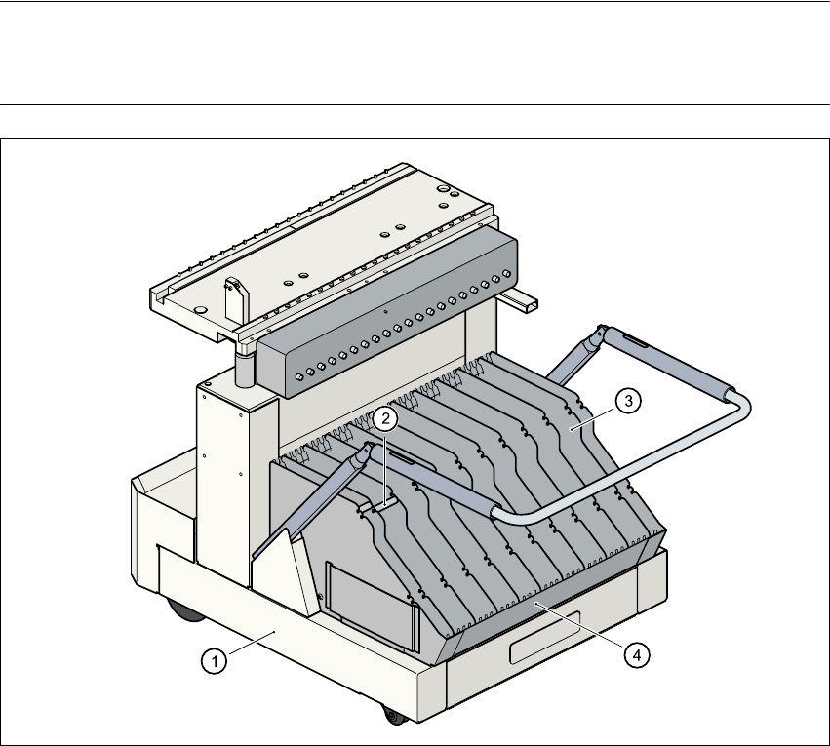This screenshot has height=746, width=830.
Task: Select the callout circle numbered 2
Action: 386,419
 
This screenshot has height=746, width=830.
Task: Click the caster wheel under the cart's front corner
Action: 393,717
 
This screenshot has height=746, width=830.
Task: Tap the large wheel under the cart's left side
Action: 182,612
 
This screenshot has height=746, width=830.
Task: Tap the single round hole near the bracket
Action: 200,309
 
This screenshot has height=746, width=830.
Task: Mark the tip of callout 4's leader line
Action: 535,606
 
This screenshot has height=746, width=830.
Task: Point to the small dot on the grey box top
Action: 386,312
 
